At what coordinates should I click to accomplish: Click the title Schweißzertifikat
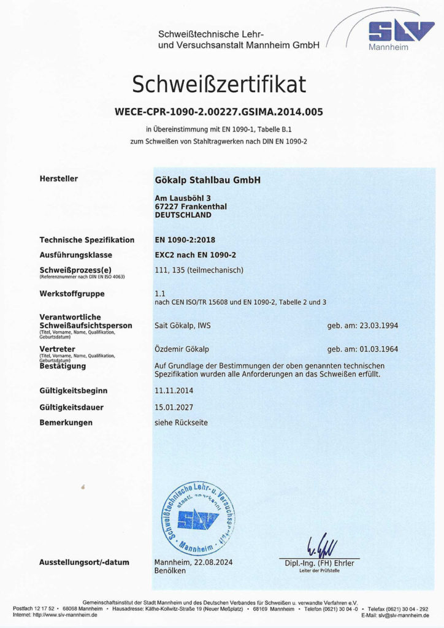(219, 83)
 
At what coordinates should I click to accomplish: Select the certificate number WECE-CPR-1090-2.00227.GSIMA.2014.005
(219, 112)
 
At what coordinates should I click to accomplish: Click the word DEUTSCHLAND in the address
(183, 215)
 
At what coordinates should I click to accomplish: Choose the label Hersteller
(59, 179)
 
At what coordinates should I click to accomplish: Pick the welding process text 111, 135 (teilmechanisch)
(200, 270)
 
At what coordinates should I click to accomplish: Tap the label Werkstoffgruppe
(72, 294)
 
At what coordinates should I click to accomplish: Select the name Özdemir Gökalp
(182, 349)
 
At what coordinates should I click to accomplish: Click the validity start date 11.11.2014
(175, 391)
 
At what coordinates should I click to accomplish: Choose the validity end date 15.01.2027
(175, 407)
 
